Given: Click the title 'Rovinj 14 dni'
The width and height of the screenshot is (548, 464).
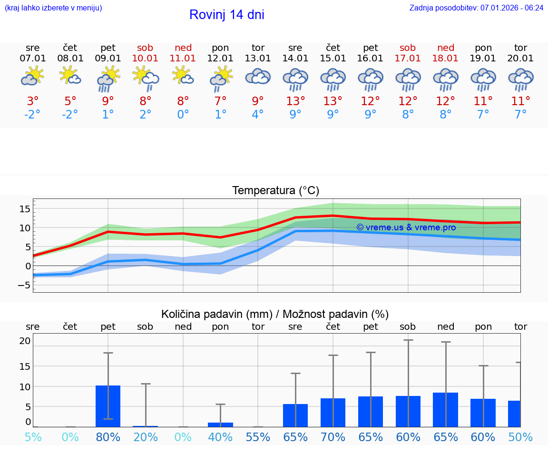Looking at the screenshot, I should click(226, 15).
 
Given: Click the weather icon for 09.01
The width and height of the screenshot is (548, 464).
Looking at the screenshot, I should click(108, 79).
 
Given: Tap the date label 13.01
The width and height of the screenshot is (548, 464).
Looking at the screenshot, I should click(258, 59).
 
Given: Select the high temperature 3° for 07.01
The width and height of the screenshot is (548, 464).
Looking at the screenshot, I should click(33, 101).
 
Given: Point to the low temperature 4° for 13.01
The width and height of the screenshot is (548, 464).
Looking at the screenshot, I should click(258, 115).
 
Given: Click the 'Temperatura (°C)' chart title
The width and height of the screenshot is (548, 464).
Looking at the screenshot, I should click(275, 191).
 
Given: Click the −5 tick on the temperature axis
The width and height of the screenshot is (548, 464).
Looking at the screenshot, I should click(24, 285).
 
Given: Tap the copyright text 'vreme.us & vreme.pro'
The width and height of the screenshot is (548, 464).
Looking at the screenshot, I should click(406, 227).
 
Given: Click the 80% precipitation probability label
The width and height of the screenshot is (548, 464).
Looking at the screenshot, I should click(108, 437).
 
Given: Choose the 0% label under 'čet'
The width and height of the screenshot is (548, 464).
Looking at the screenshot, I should click(70, 437).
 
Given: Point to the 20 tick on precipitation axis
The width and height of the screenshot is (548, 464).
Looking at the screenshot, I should click(25, 341).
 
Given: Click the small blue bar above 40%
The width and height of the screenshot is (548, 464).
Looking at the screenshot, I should click(220, 425).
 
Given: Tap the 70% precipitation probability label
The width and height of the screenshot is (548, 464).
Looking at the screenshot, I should click(333, 437).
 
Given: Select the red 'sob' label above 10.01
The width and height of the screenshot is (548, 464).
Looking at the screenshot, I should click(145, 48).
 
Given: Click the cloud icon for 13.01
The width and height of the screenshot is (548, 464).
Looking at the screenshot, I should click(258, 77).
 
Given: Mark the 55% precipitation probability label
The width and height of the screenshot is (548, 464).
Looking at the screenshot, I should click(258, 437).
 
